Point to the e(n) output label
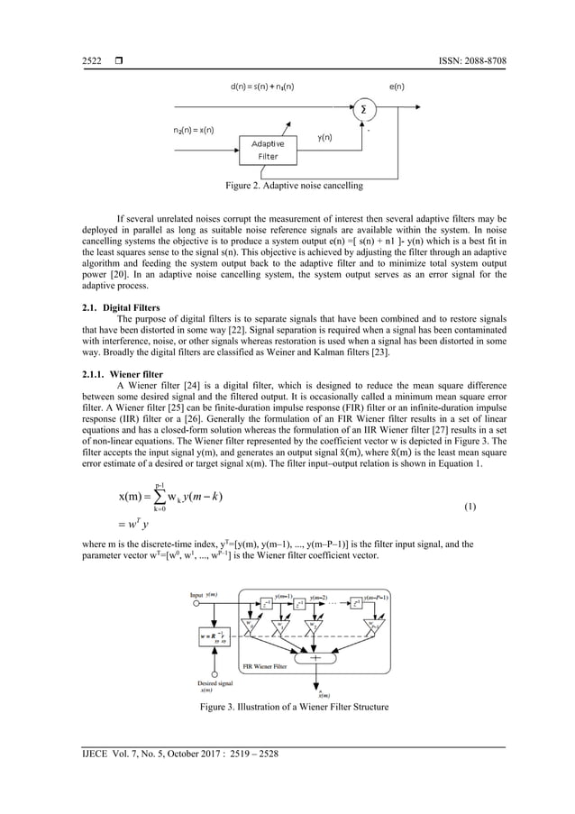397,87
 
